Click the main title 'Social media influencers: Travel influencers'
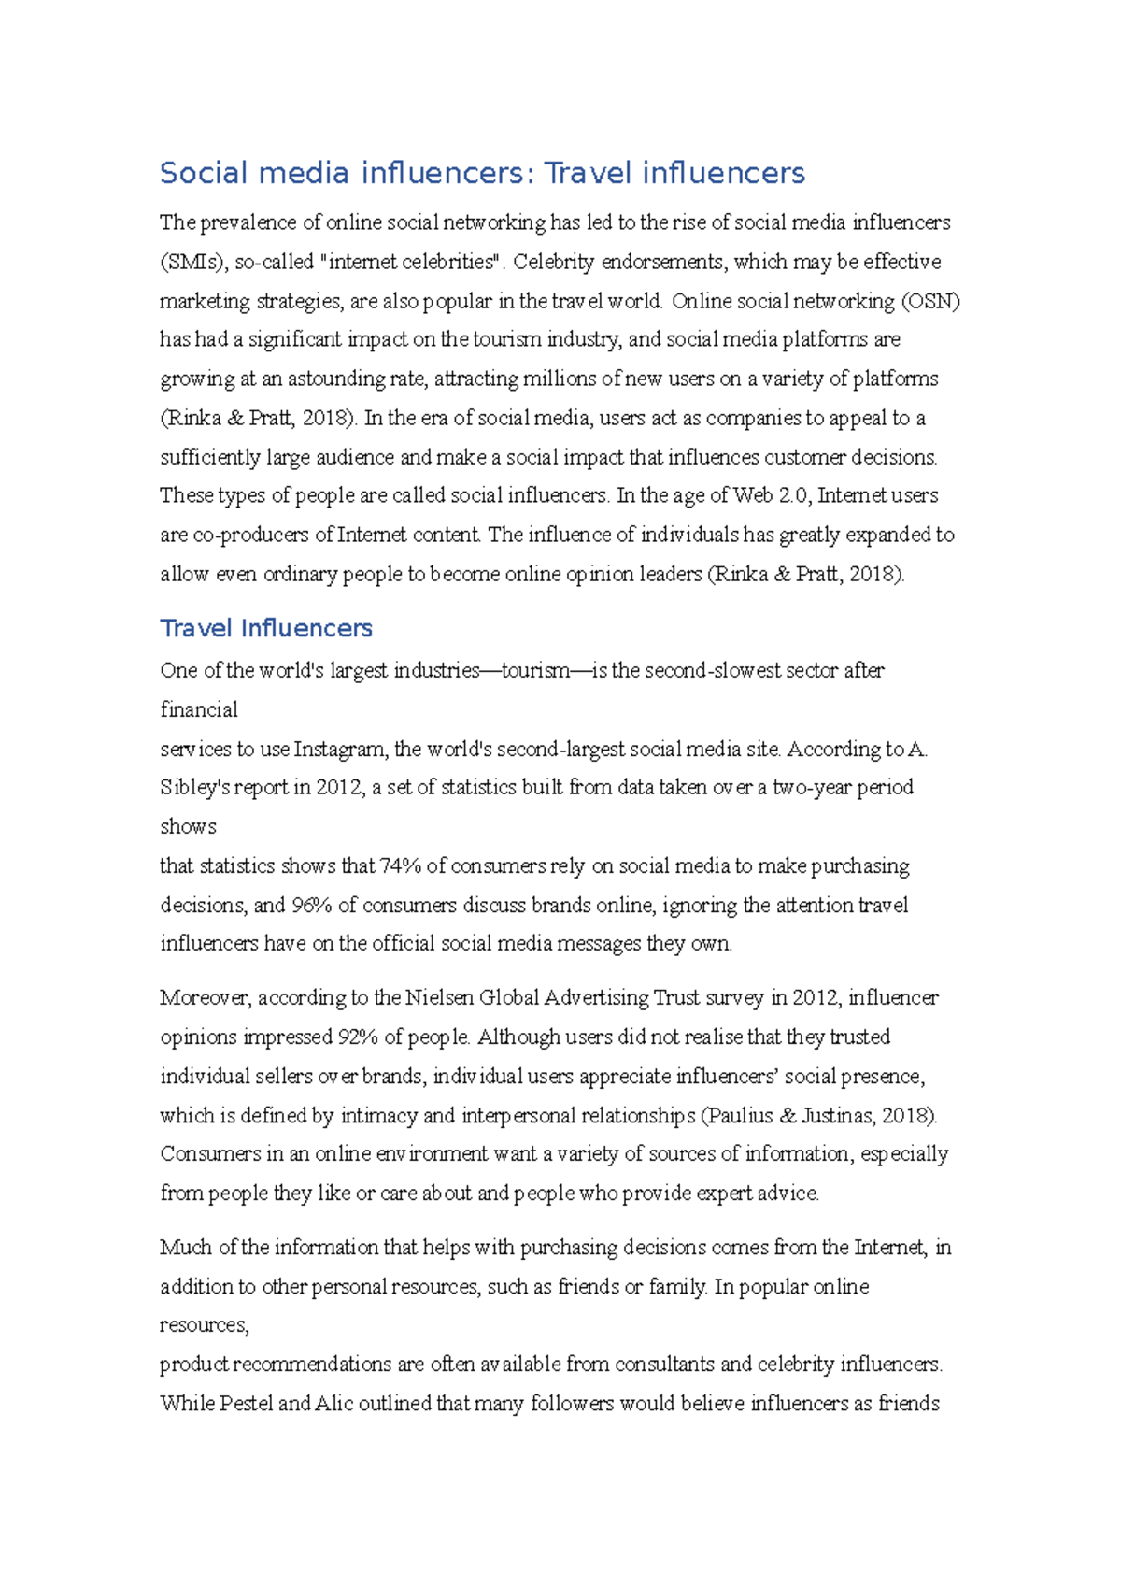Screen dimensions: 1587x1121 pyautogui.click(x=482, y=173)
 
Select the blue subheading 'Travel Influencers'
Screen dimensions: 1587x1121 pyautogui.click(x=266, y=628)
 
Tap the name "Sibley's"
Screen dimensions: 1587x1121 pyautogui.click(x=194, y=787)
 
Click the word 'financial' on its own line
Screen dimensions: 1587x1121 pyautogui.click(x=199, y=709)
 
